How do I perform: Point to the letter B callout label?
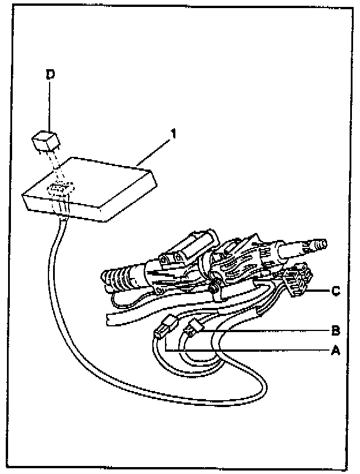tap(336, 331)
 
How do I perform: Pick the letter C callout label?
tap(336, 291)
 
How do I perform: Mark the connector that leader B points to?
tap(192, 330)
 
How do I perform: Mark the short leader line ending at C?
tap(319, 292)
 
